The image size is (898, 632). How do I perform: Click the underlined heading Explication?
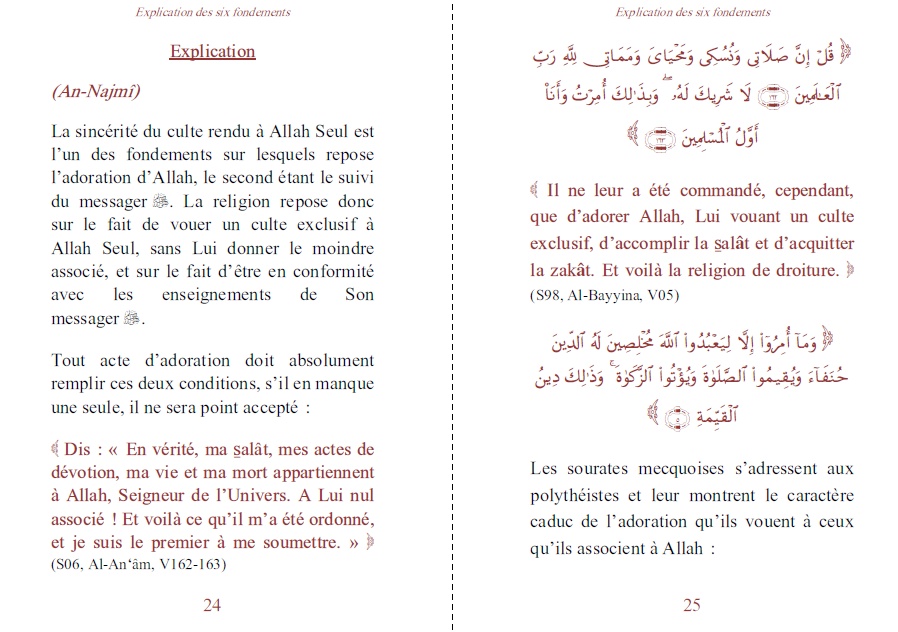pyautogui.click(x=212, y=51)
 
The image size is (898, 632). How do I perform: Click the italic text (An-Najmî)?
pyautogui.click(x=96, y=92)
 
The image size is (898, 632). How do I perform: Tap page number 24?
pyautogui.click(x=211, y=604)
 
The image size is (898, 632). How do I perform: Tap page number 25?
pyautogui.click(x=692, y=604)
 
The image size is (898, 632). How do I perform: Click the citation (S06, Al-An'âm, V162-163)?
pyautogui.click(x=137, y=564)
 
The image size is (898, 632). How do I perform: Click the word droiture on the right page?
pyautogui.click(x=805, y=270)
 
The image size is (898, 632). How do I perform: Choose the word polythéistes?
pyautogui.click(x=580, y=495)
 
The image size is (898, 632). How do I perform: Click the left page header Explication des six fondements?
pyautogui.click(x=212, y=12)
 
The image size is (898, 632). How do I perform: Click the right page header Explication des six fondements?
pyautogui.click(x=693, y=12)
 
